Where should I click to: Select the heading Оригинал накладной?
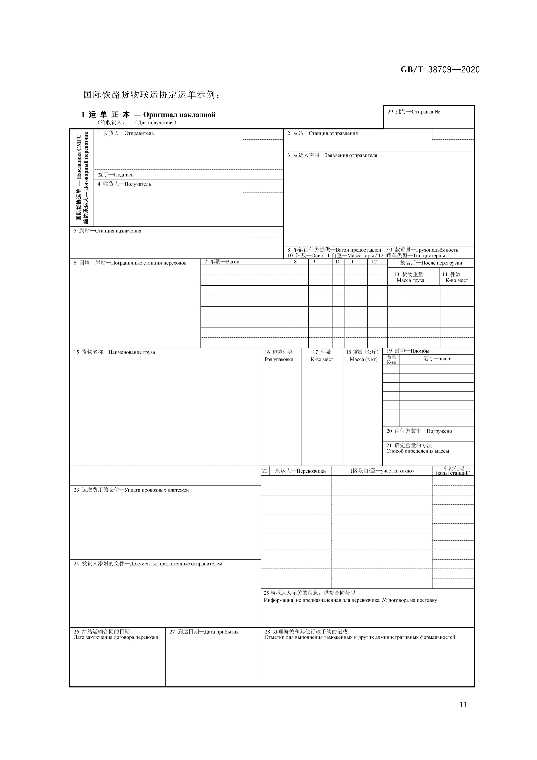[179, 115]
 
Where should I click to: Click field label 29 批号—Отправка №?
[413, 112]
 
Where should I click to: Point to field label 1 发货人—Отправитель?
[125, 133]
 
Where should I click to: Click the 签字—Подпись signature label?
[115, 175]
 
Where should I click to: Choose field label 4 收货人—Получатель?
[124, 184]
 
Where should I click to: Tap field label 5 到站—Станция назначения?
[107, 231]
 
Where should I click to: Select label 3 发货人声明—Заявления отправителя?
[332, 155]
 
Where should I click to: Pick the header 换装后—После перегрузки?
[431, 263]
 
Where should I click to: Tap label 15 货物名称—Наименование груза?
[114, 352]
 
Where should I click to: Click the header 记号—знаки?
[437, 358]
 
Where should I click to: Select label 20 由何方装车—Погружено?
[419, 431]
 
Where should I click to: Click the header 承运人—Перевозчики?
[300, 471]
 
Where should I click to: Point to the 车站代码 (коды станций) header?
[453, 471]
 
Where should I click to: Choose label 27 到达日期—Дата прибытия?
[204, 631]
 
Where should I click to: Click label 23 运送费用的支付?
[131, 490]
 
